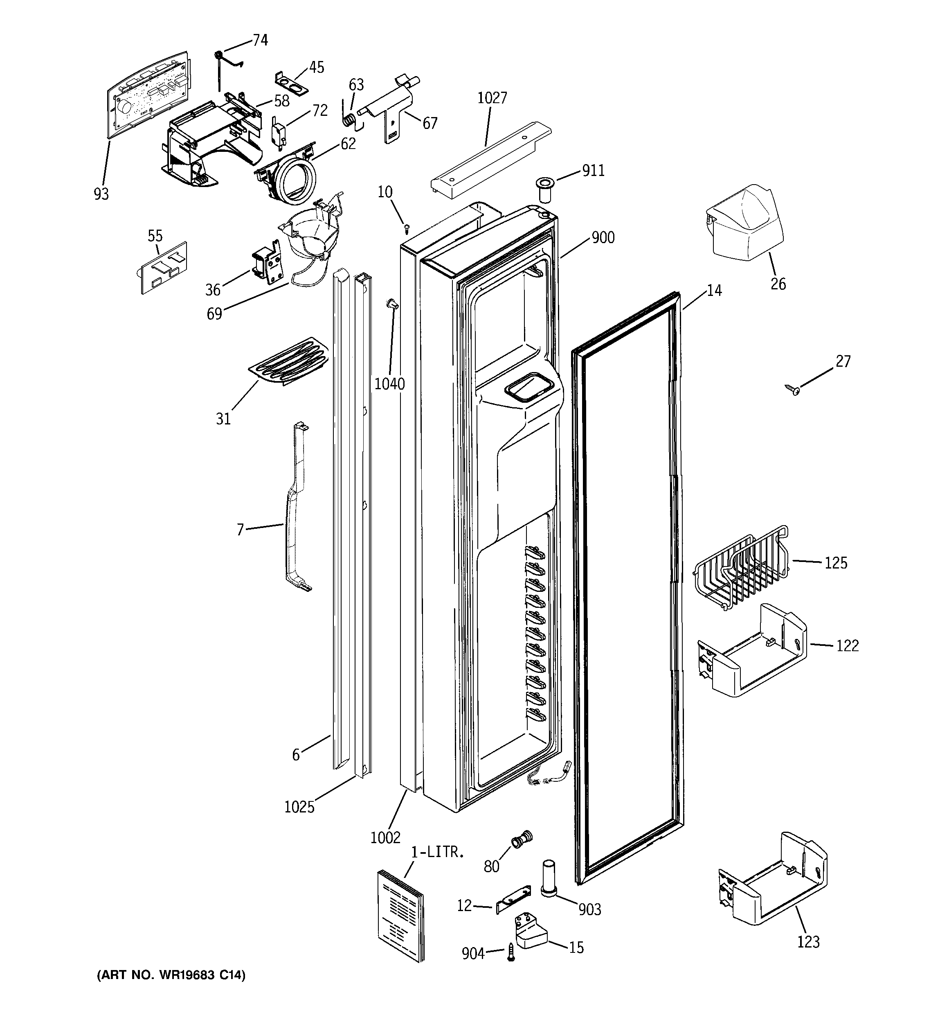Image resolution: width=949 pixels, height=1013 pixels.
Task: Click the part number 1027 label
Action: pyautogui.click(x=492, y=98)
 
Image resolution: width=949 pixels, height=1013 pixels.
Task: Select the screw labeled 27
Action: pyautogui.click(x=793, y=390)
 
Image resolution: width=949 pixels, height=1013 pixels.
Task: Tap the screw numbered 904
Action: pyautogui.click(x=511, y=952)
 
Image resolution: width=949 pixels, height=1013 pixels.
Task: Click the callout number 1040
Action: pyautogui.click(x=390, y=384)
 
